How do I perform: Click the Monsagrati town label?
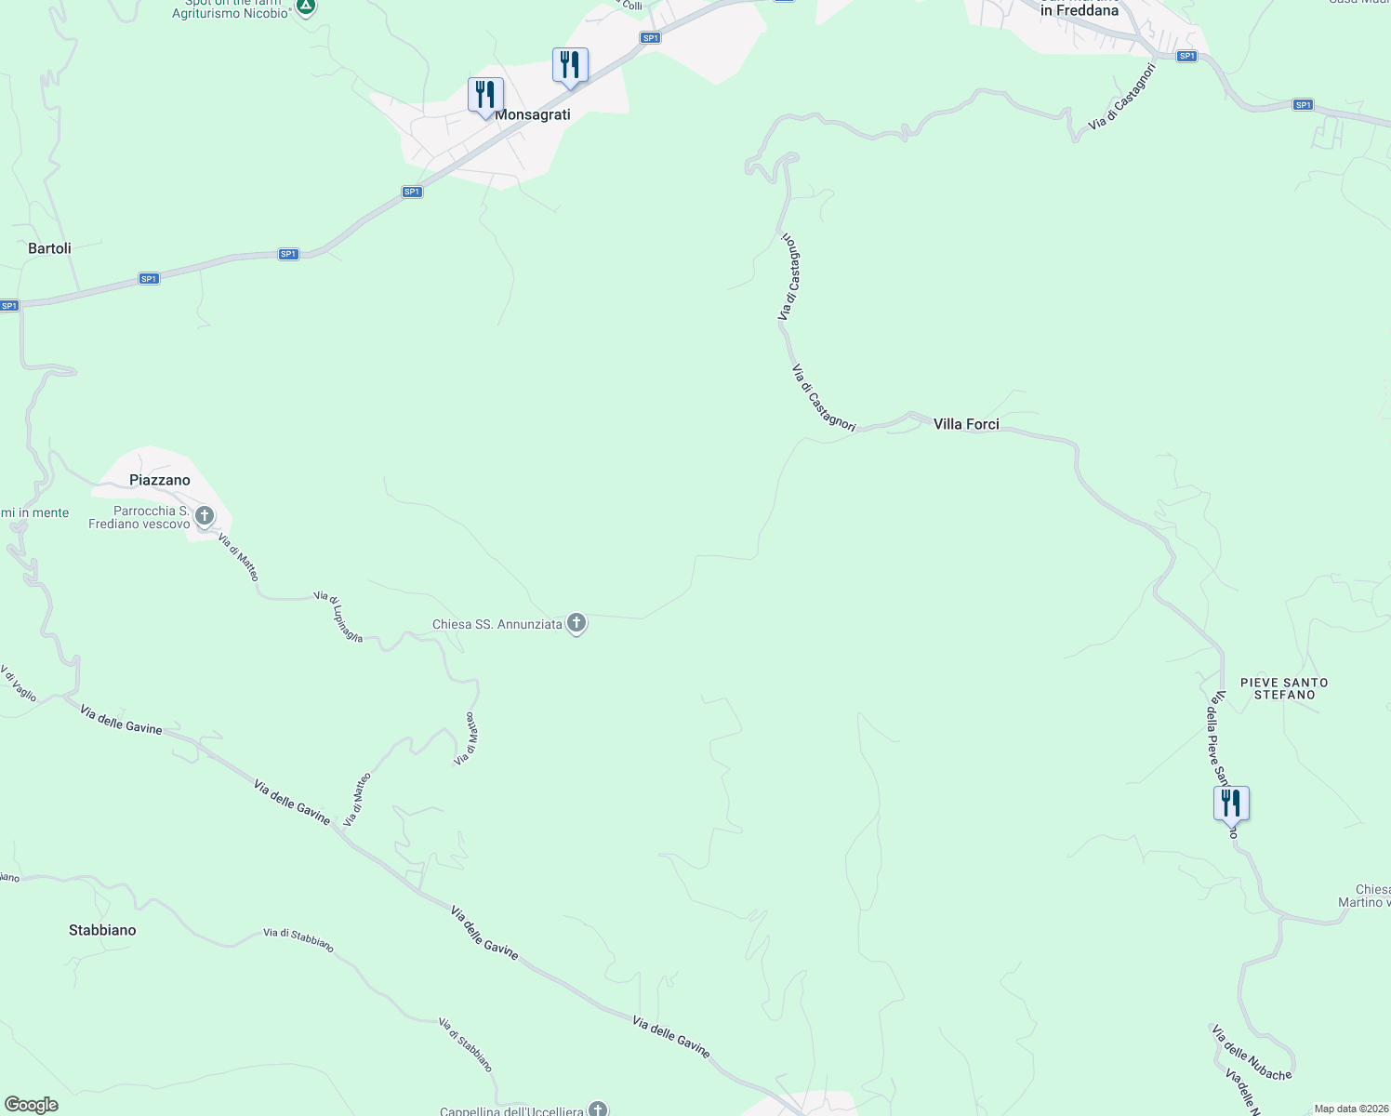(x=533, y=114)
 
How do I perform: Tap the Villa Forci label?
(x=966, y=424)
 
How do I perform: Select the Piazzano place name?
(x=160, y=480)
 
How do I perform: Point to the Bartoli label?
(x=49, y=248)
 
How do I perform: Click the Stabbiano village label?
(x=102, y=930)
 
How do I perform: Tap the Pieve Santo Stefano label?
(x=1284, y=688)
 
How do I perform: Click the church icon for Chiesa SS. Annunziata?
(x=576, y=623)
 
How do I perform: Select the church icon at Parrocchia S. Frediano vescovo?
(x=205, y=515)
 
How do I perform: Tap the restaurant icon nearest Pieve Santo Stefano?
(x=1231, y=804)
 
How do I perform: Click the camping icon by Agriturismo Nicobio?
(x=306, y=7)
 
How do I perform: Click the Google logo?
(x=31, y=1105)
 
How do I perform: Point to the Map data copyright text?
(x=1351, y=1109)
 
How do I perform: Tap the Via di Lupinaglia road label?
(x=338, y=617)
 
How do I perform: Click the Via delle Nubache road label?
(x=1252, y=1054)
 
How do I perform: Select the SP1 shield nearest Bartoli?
(x=149, y=278)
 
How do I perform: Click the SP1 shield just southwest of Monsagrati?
(x=412, y=192)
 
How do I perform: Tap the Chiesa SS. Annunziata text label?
(x=497, y=625)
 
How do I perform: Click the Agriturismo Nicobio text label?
(x=230, y=13)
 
